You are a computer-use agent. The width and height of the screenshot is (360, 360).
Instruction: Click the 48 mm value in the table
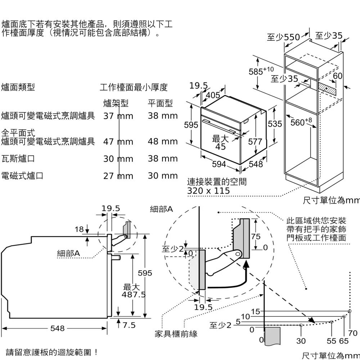pos(163,141)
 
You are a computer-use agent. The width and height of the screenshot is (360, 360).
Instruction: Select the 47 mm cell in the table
pos(118,142)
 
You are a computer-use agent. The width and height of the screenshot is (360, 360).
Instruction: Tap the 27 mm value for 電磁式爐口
pos(118,176)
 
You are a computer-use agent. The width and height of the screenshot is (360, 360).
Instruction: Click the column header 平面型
pos(160,104)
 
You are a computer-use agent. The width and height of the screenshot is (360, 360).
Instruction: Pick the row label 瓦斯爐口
pos(18,159)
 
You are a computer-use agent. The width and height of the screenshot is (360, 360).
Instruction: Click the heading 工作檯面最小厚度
pos(134,87)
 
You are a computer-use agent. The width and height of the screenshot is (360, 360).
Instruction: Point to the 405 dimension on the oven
pos(213,95)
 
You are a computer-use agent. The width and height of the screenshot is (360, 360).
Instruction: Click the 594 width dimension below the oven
pos(219,164)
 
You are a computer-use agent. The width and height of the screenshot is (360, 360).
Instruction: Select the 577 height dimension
pos(255,141)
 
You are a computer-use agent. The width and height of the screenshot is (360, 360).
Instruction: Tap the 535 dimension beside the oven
pos(275,124)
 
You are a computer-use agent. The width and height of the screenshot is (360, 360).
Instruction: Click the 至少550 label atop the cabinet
pos(283,37)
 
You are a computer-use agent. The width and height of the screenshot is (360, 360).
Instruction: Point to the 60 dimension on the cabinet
pos(337,76)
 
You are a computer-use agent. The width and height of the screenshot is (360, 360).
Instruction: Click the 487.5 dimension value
pos(134,295)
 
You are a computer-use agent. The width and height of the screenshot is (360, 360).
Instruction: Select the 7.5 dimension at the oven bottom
pos(129,325)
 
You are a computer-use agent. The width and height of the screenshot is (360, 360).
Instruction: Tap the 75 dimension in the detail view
pos(256,236)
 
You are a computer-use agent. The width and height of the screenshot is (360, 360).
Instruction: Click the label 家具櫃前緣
pos(176,334)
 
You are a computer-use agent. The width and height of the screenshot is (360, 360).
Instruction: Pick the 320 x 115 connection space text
pos(208,190)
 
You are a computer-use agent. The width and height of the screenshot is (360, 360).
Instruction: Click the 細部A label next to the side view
pos(69,253)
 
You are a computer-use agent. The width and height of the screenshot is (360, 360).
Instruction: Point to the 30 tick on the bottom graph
pos(301,341)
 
